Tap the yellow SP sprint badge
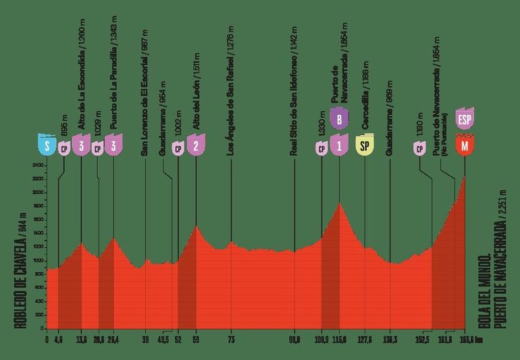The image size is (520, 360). tap(365, 146)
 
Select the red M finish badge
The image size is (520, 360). tap(464, 146)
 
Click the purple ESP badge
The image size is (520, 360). tap(464, 120)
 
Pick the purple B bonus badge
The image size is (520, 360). tap(340, 120)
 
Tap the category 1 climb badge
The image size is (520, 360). tap(340, 146)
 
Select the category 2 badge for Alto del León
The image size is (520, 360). tap(196, 146)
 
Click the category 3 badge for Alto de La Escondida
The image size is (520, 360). tap(81, 146)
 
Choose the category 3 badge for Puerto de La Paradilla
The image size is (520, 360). tap(113, 146)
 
